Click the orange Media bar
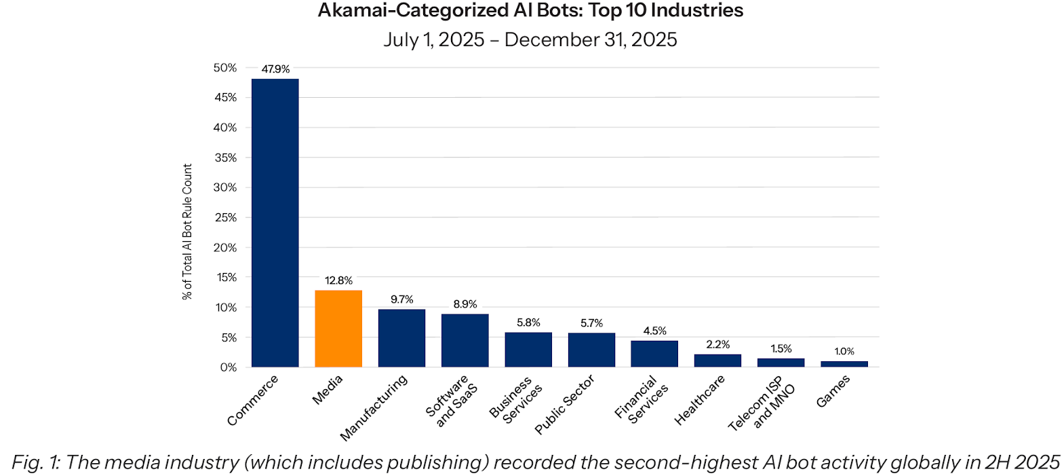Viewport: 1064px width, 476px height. point(338,329)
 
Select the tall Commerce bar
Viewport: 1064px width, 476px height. point(275,223)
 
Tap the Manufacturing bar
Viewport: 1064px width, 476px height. point(401,338)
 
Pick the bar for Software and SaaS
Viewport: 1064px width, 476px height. point(465,340)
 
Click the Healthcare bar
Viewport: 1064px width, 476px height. point(717,361)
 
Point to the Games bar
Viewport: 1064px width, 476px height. point(844,364)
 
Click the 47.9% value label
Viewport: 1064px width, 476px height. point(275,69)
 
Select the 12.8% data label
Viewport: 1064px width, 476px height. point(338,280)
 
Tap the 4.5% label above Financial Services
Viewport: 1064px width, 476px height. point(654,331)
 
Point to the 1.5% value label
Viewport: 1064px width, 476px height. point(781,348)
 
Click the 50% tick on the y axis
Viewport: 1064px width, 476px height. point(225,68)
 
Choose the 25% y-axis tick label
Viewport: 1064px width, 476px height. point(225,217)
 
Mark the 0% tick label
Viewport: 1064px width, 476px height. point(229,367)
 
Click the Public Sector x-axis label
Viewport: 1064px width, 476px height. point(564,405)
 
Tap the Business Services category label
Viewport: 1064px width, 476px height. point(516,401)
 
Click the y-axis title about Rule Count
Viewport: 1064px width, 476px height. point(187,232)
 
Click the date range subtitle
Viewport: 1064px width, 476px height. point(530,39)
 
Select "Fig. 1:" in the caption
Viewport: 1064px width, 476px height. point(35,462)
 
